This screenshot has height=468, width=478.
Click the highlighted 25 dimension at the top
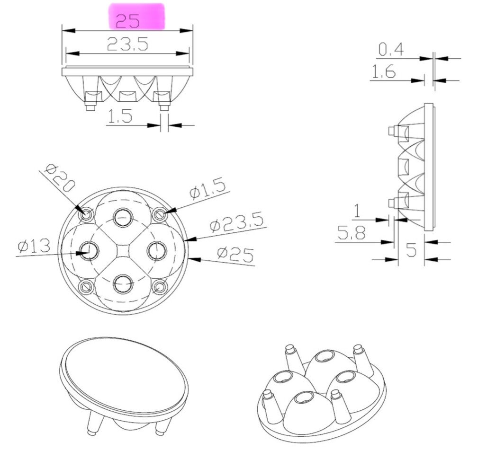pos(128,21)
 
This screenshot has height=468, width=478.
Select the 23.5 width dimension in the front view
pos(127,44)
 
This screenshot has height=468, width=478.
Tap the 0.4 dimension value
pos(391,49)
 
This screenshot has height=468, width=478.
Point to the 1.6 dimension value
pos(384,71)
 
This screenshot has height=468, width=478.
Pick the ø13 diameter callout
pos(34,246)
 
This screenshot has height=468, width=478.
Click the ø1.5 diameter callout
pos(207,189)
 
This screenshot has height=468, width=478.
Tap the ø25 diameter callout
pos(235,255)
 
